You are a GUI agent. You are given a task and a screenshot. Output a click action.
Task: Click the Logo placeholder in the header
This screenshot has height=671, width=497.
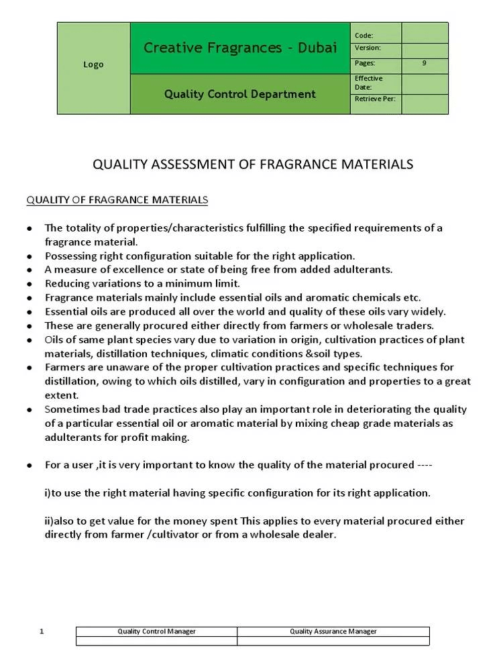93,65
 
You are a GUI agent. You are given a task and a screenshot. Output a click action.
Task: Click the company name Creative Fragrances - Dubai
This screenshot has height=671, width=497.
240,48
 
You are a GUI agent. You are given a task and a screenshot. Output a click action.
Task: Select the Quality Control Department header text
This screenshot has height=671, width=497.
240,94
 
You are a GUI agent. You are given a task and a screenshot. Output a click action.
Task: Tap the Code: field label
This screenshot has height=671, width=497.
364,36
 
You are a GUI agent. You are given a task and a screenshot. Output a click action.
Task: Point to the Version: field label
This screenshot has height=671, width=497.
368,48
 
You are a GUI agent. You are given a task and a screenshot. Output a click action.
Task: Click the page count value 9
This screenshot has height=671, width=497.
425,63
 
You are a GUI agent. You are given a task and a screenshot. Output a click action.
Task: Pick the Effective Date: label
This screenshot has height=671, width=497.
368,83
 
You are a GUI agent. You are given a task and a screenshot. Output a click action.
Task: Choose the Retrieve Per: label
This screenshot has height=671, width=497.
374,99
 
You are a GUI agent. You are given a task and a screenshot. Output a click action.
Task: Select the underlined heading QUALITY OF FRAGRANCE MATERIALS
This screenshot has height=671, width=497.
117,200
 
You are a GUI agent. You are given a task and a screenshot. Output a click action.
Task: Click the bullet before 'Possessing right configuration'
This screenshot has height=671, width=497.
30,256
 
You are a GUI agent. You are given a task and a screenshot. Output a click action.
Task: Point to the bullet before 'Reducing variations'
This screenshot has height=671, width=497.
30,284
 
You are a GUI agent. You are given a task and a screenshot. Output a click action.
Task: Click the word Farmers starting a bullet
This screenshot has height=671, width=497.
64,368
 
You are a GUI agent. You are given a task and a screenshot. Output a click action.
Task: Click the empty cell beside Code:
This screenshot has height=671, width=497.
425,34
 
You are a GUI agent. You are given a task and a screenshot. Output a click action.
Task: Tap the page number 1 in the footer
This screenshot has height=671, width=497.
42,631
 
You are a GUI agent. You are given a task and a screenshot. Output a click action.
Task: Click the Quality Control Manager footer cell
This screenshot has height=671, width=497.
156,631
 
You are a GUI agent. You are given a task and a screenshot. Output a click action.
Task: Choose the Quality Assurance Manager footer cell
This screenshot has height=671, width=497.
333,631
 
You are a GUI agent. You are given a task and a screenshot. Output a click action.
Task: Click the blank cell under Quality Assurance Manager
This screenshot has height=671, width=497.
333,641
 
